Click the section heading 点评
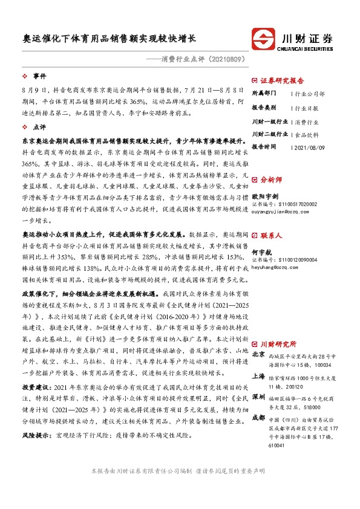point(39,128)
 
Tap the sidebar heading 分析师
point(271,179)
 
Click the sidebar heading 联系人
point(271,235)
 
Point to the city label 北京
point(258,354)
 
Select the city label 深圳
point(258,396)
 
